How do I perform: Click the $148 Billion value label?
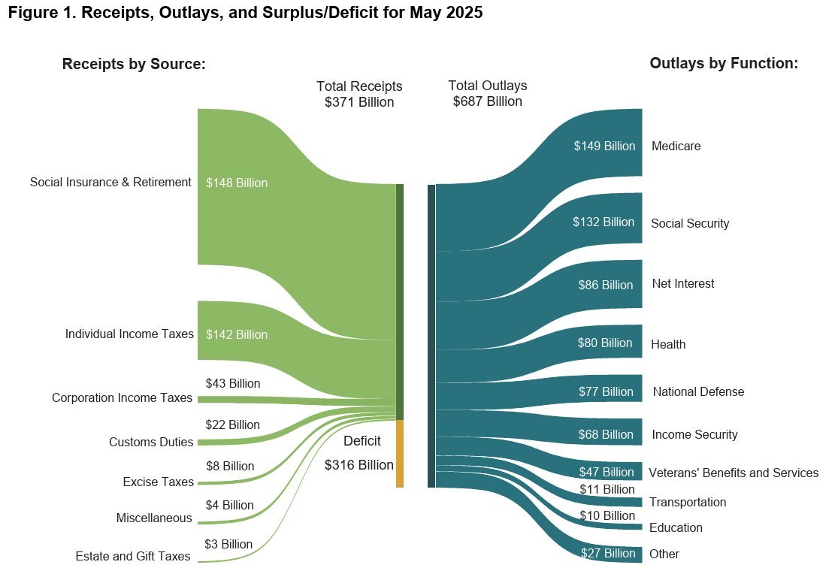click(237, 183)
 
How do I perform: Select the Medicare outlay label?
click(676, 147)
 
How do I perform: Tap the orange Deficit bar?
click(400, 454)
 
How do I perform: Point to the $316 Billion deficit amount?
click(359, 465)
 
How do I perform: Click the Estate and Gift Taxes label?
click(133, 557)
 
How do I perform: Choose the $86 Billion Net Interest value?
click(606, 285)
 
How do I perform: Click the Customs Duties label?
click(151, 443)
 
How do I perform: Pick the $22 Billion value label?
click(232, 424)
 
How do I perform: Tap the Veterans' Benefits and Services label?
click(733, 473)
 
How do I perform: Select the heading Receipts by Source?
click(134, 65)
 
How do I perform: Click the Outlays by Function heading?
click(724, 64)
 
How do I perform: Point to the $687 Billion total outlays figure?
click(487, 101)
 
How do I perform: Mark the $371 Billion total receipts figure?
click(359, 102)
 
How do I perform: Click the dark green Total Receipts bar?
click(400, 301)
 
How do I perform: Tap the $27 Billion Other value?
click(608, 554)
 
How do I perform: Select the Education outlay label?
click(676, 528)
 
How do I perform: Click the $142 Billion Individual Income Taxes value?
click(237, 334)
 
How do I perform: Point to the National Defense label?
click(698, 391)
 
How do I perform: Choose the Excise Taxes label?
click(158, 482)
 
